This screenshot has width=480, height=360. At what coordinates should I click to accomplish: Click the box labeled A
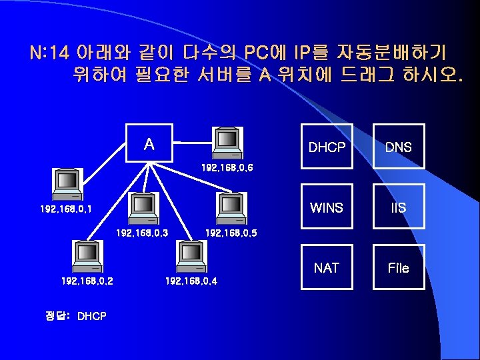click(149, 143)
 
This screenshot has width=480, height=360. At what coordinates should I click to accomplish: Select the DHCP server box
click(327, 147)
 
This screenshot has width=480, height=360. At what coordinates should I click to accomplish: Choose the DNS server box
click(398, 147)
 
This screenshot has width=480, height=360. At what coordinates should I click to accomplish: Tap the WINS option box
click(327, 207)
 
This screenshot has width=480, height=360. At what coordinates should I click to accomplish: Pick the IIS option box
click(398, 207)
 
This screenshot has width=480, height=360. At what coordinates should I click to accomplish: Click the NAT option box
click(327, 267)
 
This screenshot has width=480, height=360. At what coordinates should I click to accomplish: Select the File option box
click(398, 267)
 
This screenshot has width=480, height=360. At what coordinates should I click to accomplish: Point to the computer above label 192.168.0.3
click(143, 208)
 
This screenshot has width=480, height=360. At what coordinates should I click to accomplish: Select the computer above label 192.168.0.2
click(87, 257)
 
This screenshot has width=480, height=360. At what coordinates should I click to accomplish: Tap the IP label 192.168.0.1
click(66, 209)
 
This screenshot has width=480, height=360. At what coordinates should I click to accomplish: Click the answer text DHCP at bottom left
click(92, 315)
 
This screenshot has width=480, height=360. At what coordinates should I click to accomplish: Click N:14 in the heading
click(50, 52)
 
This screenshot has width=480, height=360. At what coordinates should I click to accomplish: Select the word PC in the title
click(257, 52)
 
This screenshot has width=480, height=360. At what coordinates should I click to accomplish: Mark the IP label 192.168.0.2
click(87, 281)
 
